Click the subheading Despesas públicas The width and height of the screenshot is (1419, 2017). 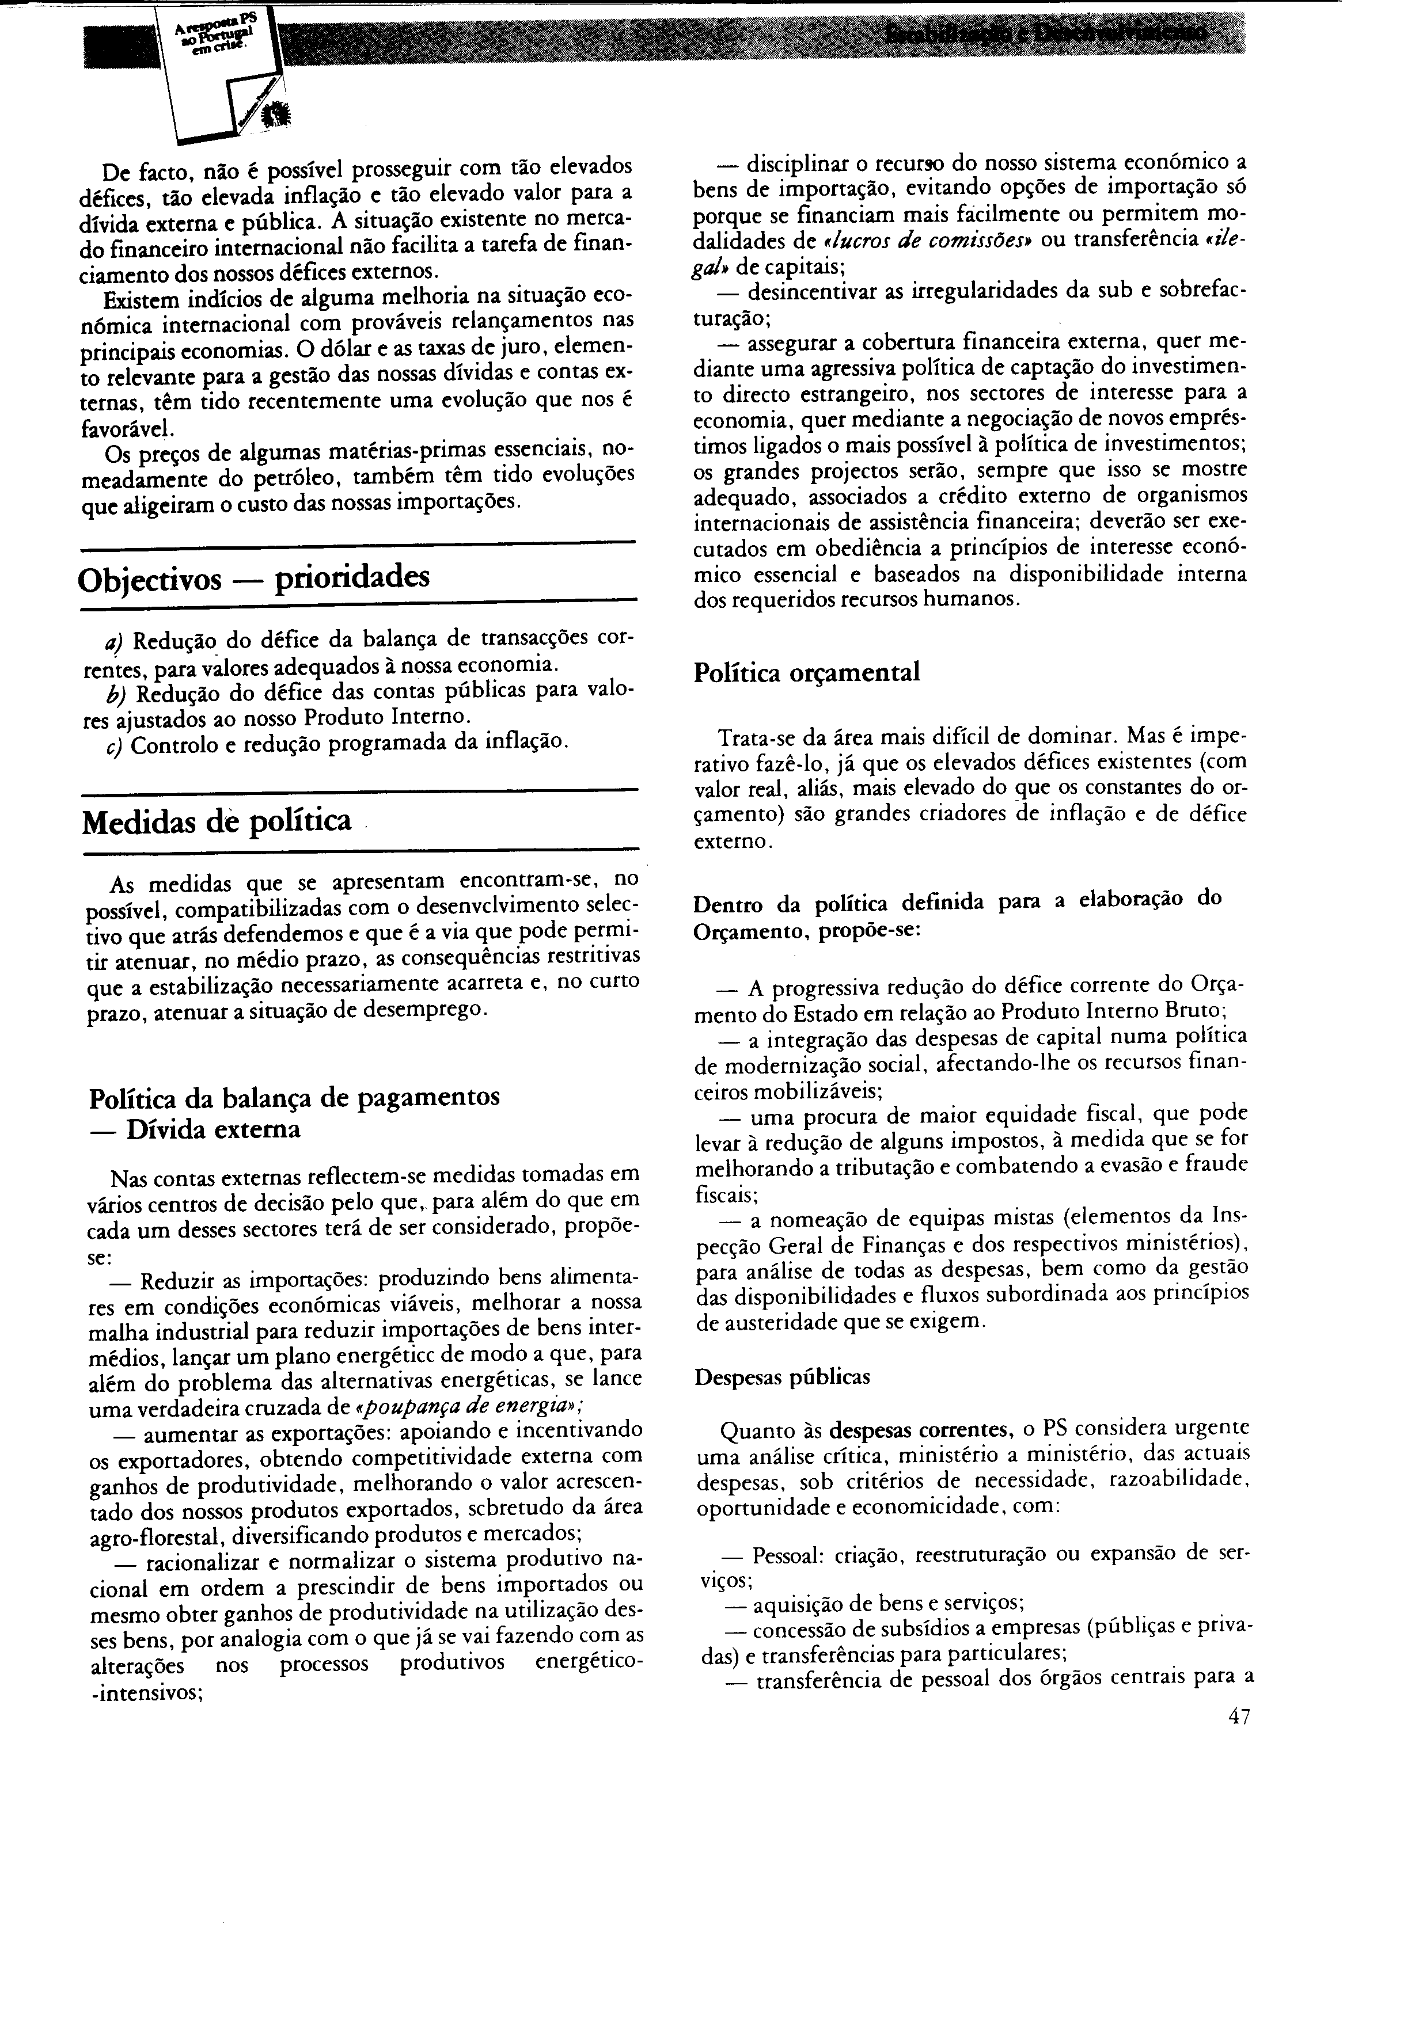[x=782, y=1376]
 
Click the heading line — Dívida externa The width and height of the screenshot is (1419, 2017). [x=196, y=1129]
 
